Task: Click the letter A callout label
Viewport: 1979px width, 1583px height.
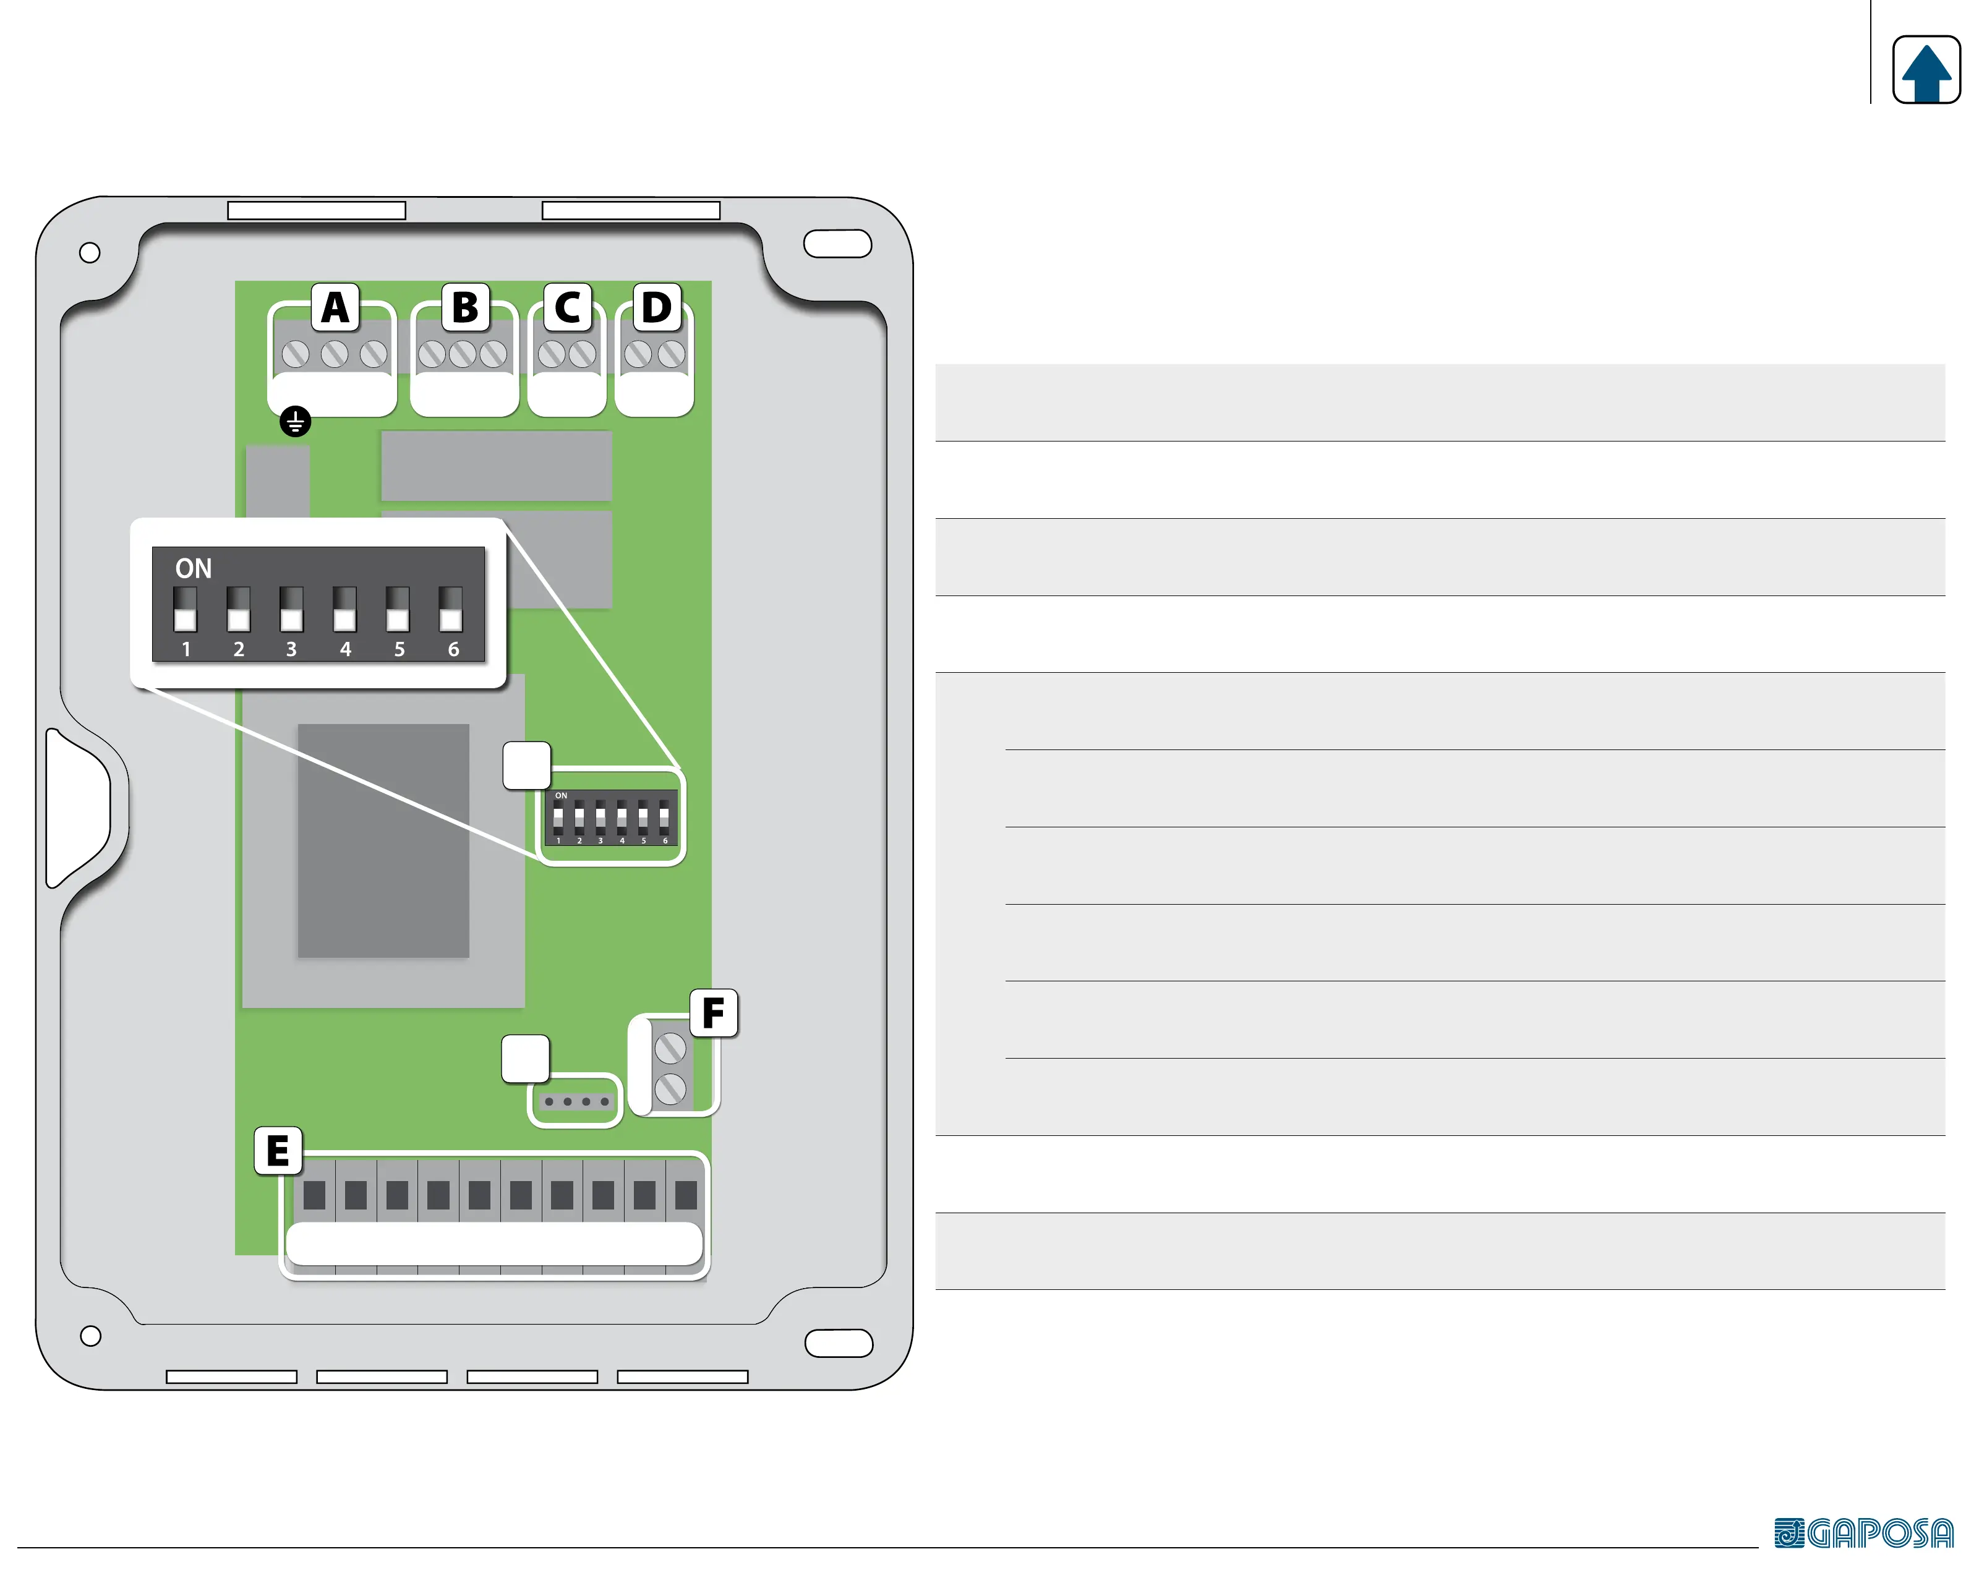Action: (x=335, y=307)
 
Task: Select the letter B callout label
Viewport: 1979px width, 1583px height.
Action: (x=466, y=307)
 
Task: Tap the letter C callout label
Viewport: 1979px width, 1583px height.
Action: (x=567, y=307)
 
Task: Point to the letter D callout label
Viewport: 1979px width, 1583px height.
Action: (x=656, y=307)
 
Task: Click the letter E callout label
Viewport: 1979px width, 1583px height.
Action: (x=277, y=1151)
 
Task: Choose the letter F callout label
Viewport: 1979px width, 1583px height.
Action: (x=713, y=1013)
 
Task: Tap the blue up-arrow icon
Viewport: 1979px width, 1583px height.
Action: (x=1926, y=70)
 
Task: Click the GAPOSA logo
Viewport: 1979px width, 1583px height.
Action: (x=1863, y=1532)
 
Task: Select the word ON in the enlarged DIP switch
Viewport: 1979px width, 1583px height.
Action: (x=193, y=569)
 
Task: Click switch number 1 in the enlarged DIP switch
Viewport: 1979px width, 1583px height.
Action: (x=186, y=609)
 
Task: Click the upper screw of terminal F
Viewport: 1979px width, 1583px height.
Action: (x=670, y=1047)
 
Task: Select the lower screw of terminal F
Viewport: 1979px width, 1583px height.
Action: (x=670, y=1090)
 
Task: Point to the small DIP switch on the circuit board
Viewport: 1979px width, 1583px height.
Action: (x=610, y=817)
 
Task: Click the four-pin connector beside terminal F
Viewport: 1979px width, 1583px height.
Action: (x=576, y=1101)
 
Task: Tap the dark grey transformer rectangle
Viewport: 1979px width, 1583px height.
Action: (x=383, y=840)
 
